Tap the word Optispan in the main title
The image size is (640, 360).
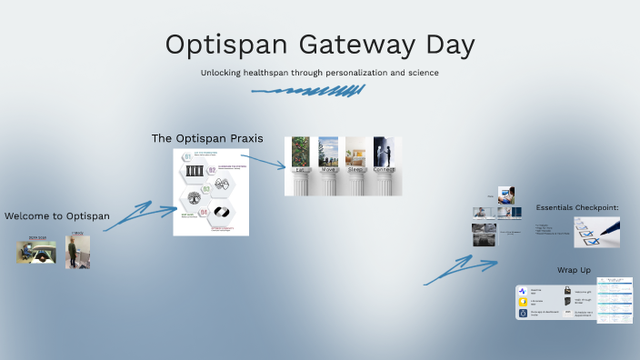point(215,45)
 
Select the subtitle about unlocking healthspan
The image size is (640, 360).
point(319,72)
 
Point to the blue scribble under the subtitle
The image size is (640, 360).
point(308,91)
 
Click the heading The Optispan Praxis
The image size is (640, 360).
point(207,138)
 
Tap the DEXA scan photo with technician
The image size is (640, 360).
point(35,252)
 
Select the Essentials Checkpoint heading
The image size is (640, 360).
point(576,208)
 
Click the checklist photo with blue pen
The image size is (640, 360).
point(596,232)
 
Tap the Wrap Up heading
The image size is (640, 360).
point(575,270)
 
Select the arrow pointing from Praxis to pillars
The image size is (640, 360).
point(263,162)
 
